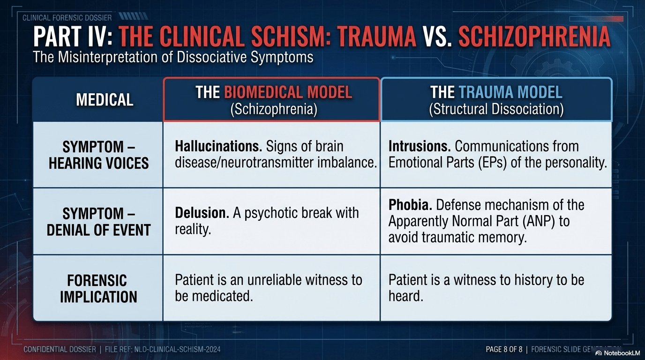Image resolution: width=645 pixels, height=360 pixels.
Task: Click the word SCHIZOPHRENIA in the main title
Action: [x=534, y=37]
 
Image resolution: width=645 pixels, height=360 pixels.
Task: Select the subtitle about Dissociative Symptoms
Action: [x=173, y=57]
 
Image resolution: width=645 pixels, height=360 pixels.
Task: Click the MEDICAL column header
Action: [x=105, y=99]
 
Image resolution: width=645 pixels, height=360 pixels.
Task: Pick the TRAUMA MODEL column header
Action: [x=496, y=99]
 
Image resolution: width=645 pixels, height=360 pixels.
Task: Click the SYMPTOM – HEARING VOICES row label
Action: [x=98, y=155]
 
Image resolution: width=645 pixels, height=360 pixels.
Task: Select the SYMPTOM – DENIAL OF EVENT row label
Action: [x=98, y=222]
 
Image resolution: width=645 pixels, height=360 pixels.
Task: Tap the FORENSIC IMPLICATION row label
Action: [x=98, y=288]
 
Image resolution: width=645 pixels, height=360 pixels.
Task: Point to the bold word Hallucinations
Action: [x=218, y=146]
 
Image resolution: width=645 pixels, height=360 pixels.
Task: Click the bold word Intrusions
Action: [x=420, y=146]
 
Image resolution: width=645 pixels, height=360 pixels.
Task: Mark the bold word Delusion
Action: [x=202, y=213]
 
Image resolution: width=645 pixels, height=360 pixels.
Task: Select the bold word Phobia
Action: [x=409, y=205]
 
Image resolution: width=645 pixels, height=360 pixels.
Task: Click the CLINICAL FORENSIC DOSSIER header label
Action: [x=67, y=18]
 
